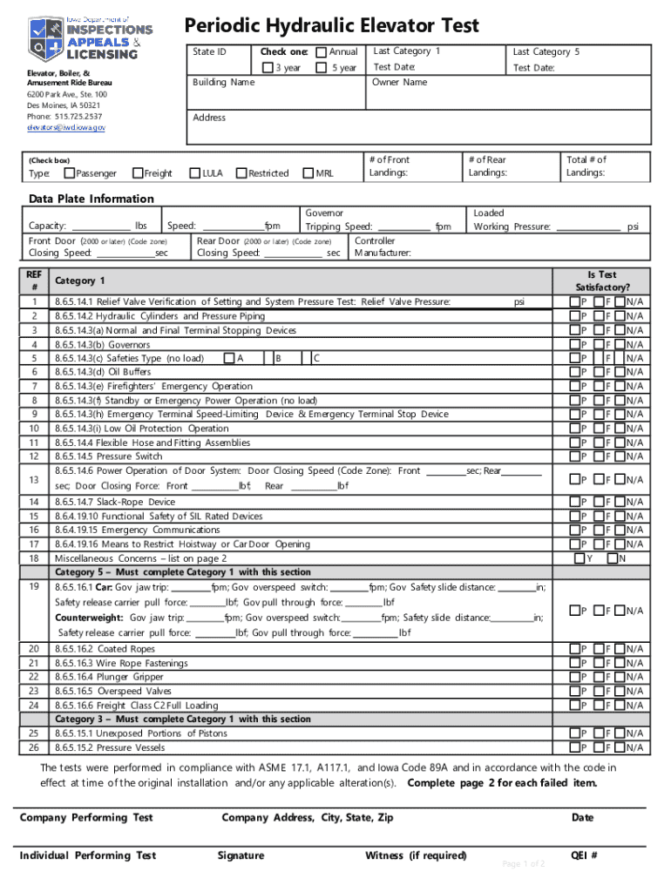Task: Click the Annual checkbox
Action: click(321, 52)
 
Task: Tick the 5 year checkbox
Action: click(321, 68)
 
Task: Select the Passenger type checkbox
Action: click(70, 173)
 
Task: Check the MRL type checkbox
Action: click(308, 173)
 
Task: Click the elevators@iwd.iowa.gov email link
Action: click(65, 127)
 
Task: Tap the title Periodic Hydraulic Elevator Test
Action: click(331, 25)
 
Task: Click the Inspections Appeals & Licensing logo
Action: click(84, 37)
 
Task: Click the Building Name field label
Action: click(224, 82)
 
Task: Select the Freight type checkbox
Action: click(137, 173)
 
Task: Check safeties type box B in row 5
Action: click(268, 358)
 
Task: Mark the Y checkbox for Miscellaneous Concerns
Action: click(578, 558)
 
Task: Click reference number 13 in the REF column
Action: click(33, 480)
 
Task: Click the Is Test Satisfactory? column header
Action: click(602, 280)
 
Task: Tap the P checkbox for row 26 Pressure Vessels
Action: click(575, 747)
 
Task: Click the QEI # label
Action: click(584, 855)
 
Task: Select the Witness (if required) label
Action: click(416, 855)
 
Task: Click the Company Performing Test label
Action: click(86, 817)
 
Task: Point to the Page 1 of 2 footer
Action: click(524, 864)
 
